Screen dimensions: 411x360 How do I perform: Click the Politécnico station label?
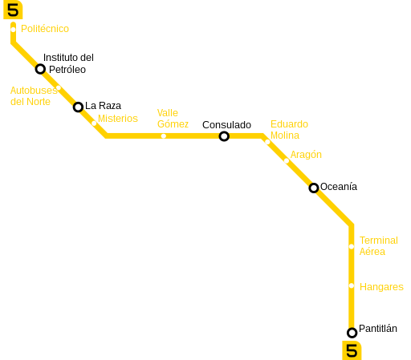(45, 29)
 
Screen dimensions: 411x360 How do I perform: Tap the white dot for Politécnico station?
(13, 30)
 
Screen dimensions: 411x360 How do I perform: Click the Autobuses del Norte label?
(34, 96)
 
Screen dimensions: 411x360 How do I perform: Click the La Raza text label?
(103, 106)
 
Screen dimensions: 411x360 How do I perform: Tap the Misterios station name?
(118, 119)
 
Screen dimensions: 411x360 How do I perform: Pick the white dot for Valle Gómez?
(164, 136)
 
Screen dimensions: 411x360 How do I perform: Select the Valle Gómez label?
(173, 119)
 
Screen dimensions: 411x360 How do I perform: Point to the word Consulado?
(226, 125)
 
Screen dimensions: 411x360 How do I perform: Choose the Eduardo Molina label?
(289, 130)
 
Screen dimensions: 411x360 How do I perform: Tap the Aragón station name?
(306, 155)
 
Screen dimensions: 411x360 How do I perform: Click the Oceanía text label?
(339, 187)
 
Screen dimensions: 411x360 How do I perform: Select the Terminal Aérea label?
(379, 246)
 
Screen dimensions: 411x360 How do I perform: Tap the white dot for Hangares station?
(352, 286)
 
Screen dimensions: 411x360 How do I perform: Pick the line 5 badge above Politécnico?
(13, 10)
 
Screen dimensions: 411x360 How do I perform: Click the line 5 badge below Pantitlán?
(352, 350)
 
